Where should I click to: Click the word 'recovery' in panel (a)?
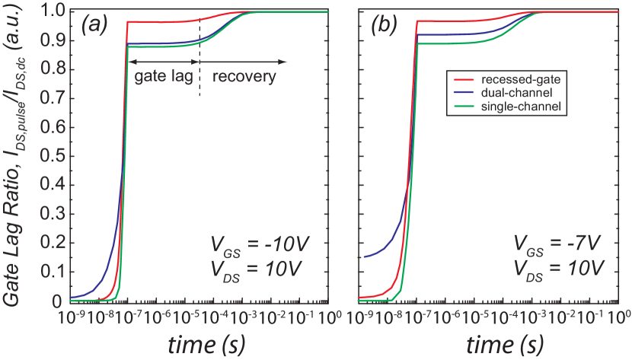[x=244, y=77]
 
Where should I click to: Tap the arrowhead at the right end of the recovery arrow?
[x=284, y=61]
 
